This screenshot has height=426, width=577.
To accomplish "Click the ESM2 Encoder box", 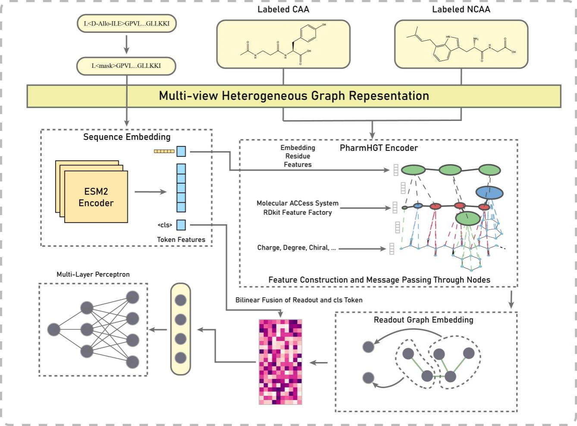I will click(96, 197).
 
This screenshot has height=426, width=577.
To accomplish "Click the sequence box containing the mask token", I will click(126, 66).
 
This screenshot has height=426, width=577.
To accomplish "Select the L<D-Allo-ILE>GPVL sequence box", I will click(126, 23).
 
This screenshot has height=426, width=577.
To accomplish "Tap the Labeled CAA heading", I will click(283, 9).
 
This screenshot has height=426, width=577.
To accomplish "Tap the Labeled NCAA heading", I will click(461, 9).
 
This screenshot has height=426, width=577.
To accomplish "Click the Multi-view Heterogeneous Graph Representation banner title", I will click(294, 96).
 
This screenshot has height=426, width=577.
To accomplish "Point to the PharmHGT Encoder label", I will click(379, 148).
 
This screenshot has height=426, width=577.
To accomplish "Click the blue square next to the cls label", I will click(181, 225).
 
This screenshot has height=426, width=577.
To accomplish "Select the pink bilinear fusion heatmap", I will click(280, 362).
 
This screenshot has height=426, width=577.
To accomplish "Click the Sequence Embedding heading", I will click(127, 137).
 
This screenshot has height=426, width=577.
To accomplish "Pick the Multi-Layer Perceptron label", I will click(93, 274).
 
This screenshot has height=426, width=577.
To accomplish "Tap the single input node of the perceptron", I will click(54, 330).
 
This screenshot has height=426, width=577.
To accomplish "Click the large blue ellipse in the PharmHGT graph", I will click(489, 192).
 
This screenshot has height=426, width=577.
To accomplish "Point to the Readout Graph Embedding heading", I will click(423, 320).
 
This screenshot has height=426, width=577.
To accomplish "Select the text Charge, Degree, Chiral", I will click(296, 248).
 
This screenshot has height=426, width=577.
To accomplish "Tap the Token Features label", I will click(181, 239).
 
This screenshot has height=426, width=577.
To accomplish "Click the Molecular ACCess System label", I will click(297, 203).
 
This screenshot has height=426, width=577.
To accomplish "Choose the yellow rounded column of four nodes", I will click(180, 329).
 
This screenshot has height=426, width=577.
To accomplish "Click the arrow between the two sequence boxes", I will click(126, 45).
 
